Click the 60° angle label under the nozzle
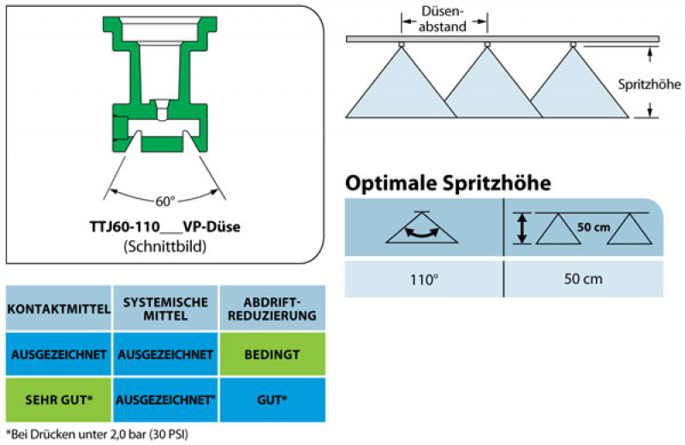164,200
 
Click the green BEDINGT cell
272,353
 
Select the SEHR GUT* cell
59,399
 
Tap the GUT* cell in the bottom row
272,399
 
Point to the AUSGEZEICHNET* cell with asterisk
165,399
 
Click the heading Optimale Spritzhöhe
447,183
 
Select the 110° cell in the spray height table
423,279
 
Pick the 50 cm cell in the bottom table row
583,279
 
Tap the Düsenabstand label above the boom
444,20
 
